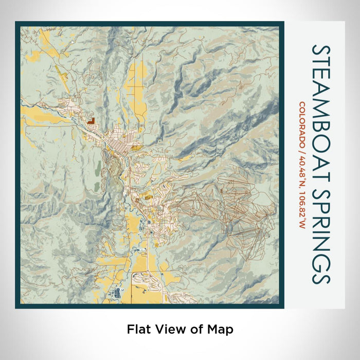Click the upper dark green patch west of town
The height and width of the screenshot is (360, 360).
click(98, 168)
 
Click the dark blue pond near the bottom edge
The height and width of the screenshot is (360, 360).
click(117, 294)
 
